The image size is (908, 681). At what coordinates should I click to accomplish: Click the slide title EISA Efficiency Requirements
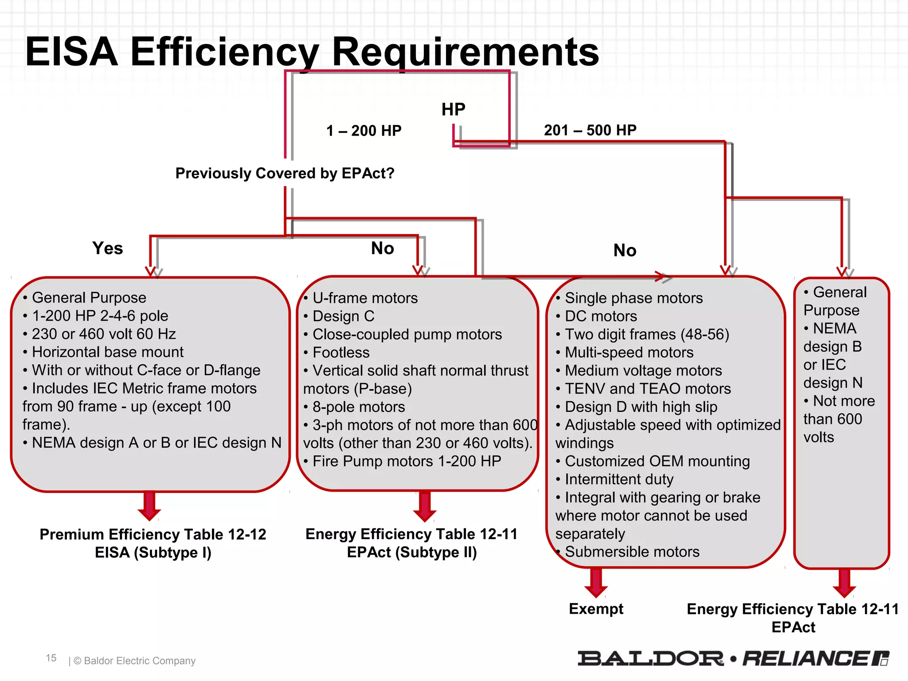(312, 52)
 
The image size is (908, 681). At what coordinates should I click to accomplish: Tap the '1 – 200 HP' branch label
(364, 131)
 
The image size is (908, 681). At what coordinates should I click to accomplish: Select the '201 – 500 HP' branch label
(590, 130)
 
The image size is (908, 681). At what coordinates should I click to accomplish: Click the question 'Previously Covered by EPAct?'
(285, 173)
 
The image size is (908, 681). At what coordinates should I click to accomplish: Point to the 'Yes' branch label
(107, 248)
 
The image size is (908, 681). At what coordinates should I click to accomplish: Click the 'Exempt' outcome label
(596, 609)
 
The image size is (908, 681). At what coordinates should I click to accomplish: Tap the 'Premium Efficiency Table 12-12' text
(153, 534)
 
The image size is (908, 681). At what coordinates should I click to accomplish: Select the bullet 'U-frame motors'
(365, 298)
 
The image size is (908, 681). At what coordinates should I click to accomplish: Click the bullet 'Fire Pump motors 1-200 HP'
(407, 461)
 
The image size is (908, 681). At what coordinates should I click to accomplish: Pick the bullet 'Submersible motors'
(632, 552)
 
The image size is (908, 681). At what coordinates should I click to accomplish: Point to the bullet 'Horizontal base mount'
(107, 352)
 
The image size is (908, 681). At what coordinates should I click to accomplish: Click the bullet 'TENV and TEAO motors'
(647, 389)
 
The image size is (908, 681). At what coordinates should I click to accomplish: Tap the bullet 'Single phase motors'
(634, 298)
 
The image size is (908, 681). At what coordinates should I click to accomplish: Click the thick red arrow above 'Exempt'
(596, 582)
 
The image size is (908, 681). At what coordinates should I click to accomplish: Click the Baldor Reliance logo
(733, 658)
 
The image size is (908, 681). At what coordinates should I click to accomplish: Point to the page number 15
(51, 658)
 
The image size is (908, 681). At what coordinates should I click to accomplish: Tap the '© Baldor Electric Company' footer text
(134, 661)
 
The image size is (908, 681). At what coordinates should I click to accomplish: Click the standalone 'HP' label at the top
(453, 110)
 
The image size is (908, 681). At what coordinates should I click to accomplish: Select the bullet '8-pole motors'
(358, 407)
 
